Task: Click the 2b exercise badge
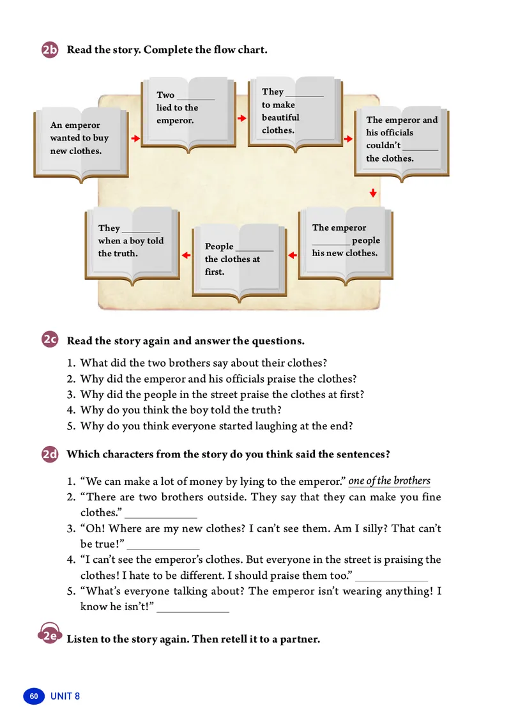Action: click(x=50, y=50)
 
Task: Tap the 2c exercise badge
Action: click(x=50, y=341)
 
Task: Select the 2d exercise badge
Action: click(x=50, y=454)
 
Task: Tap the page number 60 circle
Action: click(x=33, y=696)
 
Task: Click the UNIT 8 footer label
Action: click(x=65, y=696)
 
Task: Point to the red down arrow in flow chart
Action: click(x=373, y=193)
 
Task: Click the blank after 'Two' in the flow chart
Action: click(x=195, y=97)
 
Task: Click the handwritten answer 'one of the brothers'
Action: click(x=390, y=481)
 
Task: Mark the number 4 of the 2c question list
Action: click(x=71, y=410)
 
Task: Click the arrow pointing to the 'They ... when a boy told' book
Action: click(x=186, y=256)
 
